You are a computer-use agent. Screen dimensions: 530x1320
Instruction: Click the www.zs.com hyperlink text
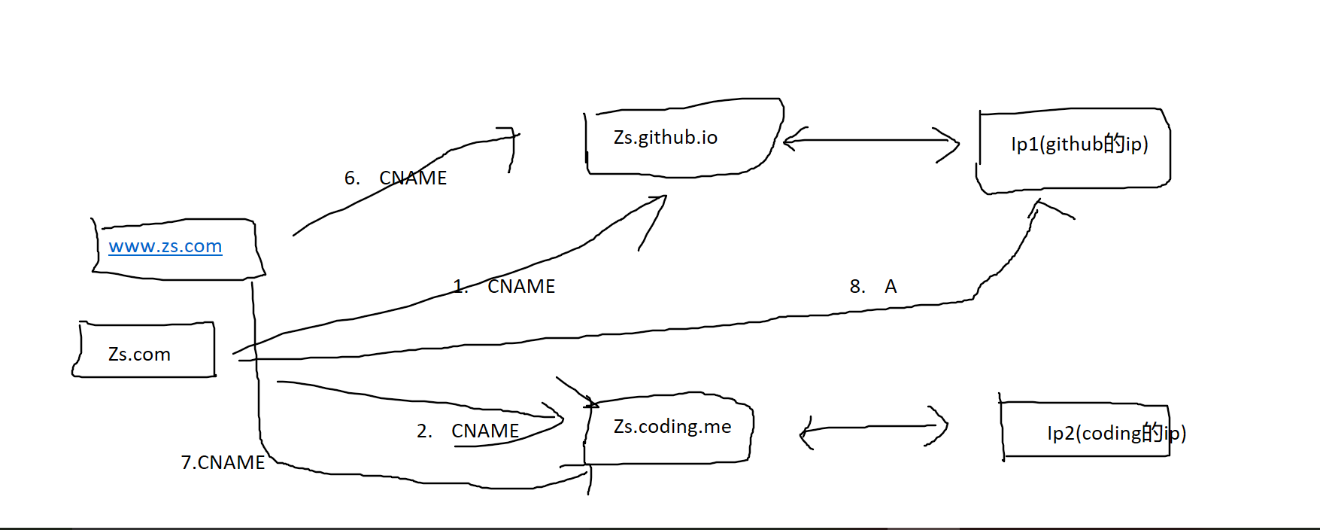pos(165,246)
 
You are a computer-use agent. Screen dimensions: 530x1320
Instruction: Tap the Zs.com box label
pos(139,354)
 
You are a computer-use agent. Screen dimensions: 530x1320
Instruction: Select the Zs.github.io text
pos(665,137)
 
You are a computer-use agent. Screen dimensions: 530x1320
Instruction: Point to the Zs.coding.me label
pos(672,427)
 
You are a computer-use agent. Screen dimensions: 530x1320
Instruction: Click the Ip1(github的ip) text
pos(1079,144)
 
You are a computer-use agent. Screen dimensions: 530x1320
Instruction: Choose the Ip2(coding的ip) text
pos(1116,433)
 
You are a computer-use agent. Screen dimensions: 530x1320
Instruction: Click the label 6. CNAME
pos(396,178)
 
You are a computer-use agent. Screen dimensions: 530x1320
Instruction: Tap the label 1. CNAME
pos(504,286)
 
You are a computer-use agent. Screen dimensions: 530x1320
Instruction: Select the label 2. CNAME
pos(468,431)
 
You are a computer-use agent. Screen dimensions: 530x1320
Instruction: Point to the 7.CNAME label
pos(223,462)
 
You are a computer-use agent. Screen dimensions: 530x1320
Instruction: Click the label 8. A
pos(872,286)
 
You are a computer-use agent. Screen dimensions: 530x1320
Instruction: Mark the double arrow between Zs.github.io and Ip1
pos(871,141)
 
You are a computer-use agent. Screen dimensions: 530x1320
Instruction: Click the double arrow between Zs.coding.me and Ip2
pos(872,428)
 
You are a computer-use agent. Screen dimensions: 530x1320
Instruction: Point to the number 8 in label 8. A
pos(856,286)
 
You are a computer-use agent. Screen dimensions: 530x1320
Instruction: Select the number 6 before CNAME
pos(350,178)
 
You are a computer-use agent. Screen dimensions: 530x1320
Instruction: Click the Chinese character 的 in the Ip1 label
pos(1114,143)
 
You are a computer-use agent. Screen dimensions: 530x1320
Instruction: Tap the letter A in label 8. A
pos(891,286)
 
